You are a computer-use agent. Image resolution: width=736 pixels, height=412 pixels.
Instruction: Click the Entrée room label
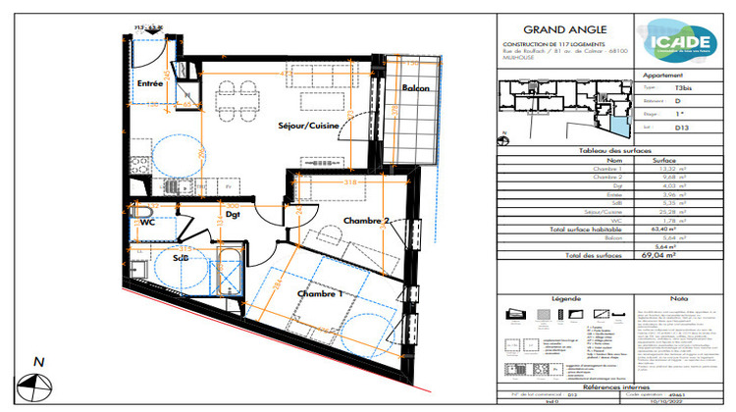pos(149,83)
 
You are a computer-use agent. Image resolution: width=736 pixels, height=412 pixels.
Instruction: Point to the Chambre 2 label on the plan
pos(367,222)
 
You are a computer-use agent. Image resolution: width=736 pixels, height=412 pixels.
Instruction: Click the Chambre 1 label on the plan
pos(320,293)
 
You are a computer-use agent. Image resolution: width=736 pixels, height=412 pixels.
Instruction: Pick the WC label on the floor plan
pos(148,223)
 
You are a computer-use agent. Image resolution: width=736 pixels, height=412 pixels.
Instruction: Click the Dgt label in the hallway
pos(233,214)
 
